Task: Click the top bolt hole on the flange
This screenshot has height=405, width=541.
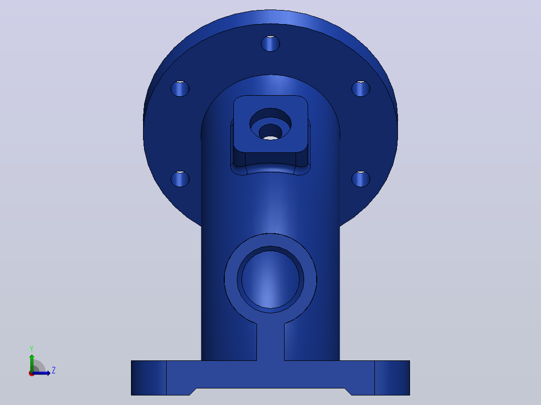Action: click(270, 44)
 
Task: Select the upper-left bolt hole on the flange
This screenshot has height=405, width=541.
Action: click(180, 89)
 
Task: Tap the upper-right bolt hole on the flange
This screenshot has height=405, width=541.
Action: click(361, 89)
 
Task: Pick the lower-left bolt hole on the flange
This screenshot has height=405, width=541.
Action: click(180, 179)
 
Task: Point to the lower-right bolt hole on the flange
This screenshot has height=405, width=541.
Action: click(361, 179)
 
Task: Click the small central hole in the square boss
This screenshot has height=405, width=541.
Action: click(270, 132)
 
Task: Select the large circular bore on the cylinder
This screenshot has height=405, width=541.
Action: click(270, 279)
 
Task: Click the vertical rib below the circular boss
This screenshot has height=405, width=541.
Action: click(270, 342)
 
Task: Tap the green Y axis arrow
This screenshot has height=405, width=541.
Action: click(32, 363)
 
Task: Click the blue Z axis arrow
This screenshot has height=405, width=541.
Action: click(41, 373)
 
